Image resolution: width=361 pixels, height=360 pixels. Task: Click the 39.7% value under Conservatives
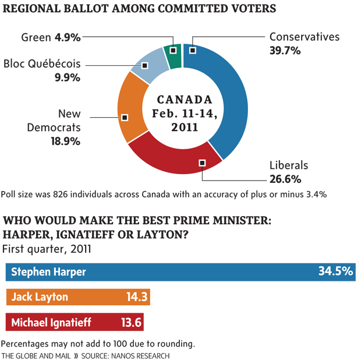click(285, 51)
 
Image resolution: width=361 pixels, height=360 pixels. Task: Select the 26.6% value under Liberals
click(285, 179)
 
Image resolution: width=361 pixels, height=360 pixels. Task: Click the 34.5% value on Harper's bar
click(335, 271)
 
